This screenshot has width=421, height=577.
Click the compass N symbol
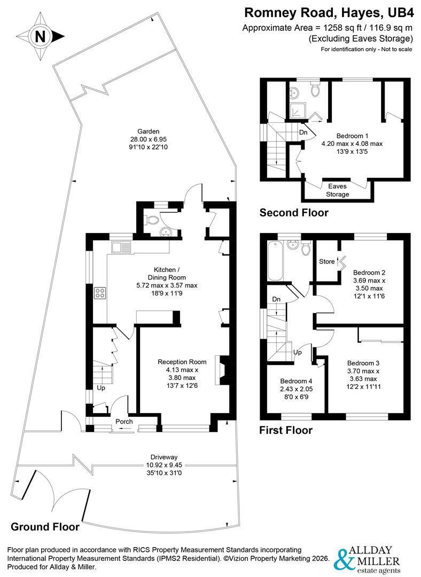[x=41, y=36]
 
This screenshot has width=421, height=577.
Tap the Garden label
[x=149, y=131]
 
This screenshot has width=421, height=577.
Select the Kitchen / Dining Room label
[x=166, y=273]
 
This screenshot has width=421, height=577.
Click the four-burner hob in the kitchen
[x=100, y=293]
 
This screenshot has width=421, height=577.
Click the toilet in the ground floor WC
[x=151, y=220]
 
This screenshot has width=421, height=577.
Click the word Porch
[x=124, y=422]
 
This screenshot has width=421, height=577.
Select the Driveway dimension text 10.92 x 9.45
[x=164, y=465]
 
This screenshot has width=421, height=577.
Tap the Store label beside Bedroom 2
[x=327, y=261]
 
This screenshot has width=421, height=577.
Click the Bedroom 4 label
[x=296, y=381]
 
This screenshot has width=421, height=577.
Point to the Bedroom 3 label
[x=363, y=363]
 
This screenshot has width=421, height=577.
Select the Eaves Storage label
[x=338, y=190]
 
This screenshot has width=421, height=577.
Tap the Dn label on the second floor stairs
[x=303, y=132]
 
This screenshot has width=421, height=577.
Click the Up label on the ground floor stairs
[x=101, y=388]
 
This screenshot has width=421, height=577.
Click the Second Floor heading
[x=294, y=213]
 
